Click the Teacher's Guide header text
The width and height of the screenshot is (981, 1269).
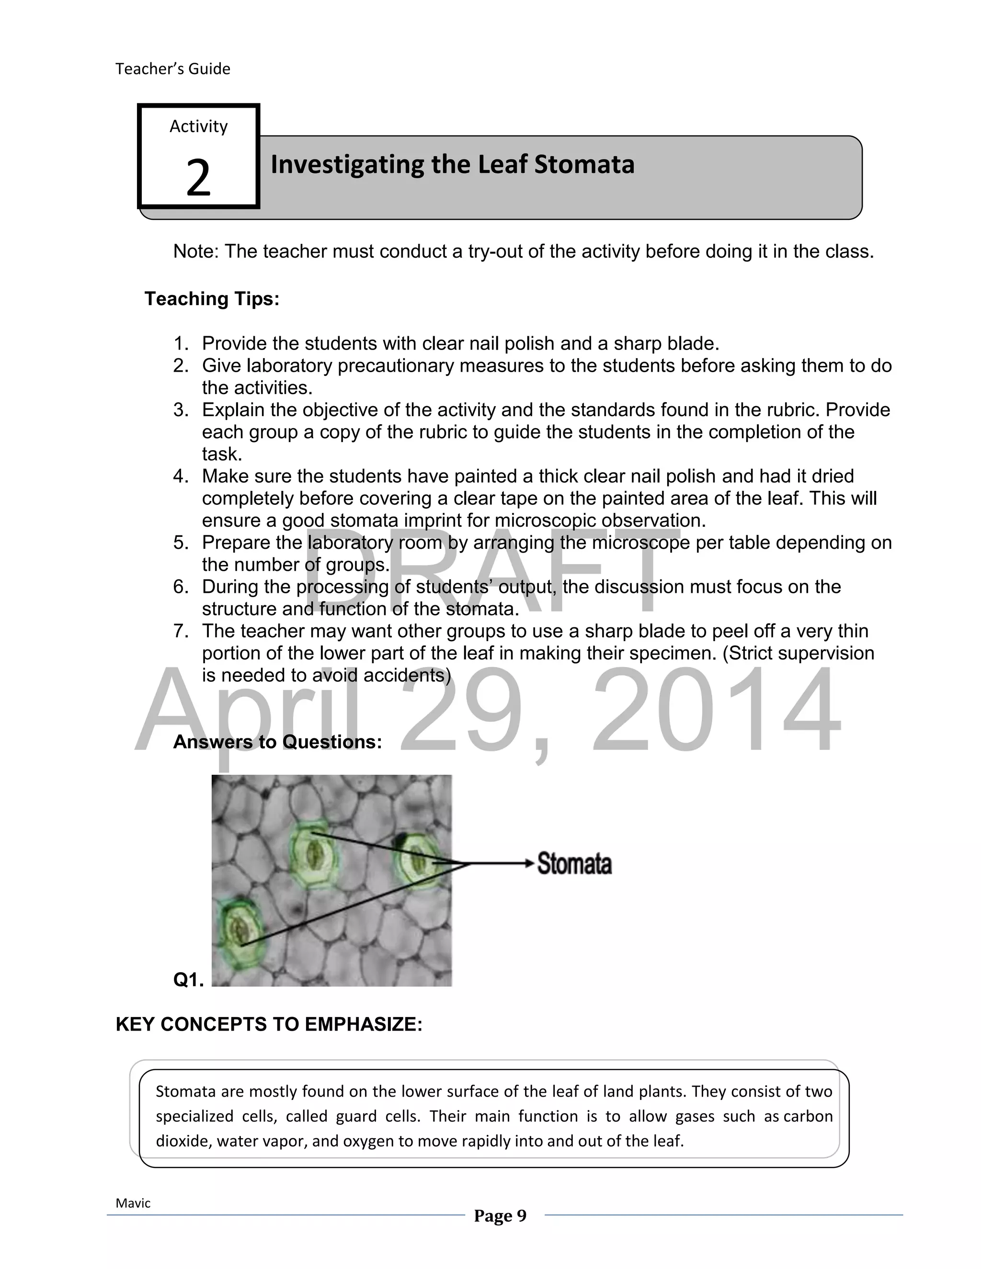(x=172, y=68)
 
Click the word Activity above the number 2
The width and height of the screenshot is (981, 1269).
(x=198, y=126)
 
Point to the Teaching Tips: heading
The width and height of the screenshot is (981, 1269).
(x=212, y=299)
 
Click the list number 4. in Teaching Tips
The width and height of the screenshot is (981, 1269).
(x=181, y=476)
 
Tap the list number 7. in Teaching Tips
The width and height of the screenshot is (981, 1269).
(x=181, y=631)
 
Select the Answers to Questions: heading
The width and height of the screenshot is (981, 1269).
(x=277, y=742)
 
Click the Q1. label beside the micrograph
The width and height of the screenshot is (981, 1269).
(x=188, y=980)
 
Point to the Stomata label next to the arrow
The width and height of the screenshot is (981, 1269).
(x=574, y=863)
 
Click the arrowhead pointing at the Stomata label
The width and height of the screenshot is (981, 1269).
(x=528, y=863)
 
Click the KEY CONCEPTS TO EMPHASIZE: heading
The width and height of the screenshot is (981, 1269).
(x=269, y=1024)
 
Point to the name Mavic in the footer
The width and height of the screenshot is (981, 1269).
(x=133, y=1203)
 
